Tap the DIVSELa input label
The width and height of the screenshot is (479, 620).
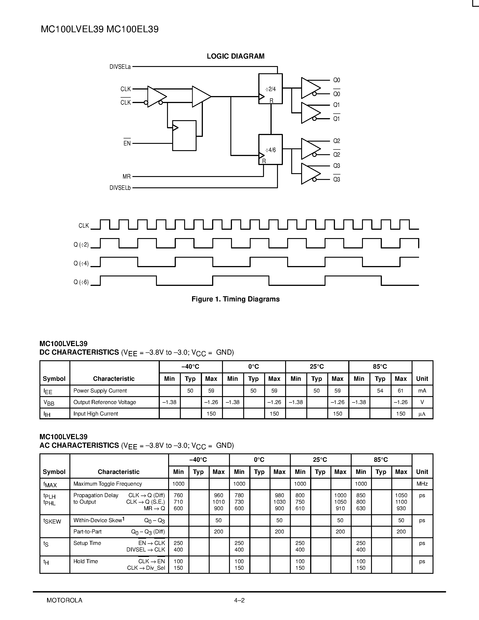pos(120,67)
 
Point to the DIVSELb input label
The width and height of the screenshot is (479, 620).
pos(120,188)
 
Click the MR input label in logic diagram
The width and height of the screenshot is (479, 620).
pos(126,177)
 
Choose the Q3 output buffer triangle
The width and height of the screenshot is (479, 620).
pos(310,174)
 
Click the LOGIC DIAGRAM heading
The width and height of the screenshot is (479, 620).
pos(236,56)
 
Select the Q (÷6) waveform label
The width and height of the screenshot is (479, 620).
pos(81,282)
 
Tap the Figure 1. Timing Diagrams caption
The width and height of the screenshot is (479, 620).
pos(236,299)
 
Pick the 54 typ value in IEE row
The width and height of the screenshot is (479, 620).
pos(380,391)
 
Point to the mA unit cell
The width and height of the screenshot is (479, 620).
pos(422,391)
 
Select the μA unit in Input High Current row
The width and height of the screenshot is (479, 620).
pos(422,414)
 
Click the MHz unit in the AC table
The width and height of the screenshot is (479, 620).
pos(422,484)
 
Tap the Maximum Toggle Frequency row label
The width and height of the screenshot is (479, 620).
pos(108,484)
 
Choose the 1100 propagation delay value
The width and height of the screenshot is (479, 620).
pos(401,502)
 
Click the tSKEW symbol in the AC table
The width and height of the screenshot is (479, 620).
pos(52,521)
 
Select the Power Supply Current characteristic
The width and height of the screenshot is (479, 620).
pos(100,391)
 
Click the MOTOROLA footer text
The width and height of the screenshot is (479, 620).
pos(64,600)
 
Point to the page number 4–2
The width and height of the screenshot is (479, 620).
pos(239,600)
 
